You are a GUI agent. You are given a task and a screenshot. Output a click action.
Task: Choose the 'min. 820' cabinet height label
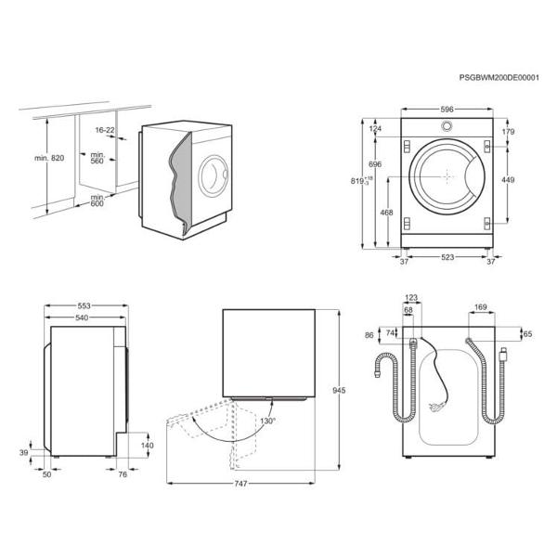click(49, 159)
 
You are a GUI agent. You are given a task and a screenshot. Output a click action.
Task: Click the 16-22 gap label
click(104, 130)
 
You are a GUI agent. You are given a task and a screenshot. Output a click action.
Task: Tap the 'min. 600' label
click(97, 201)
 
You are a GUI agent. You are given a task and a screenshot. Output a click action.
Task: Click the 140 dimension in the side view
click(146, 446)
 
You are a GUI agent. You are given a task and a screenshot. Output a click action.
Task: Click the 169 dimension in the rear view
click(481, 306)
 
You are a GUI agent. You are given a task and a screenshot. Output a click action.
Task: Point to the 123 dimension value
click(412, 297)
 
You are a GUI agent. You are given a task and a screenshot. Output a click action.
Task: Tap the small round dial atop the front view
click(447, 126)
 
